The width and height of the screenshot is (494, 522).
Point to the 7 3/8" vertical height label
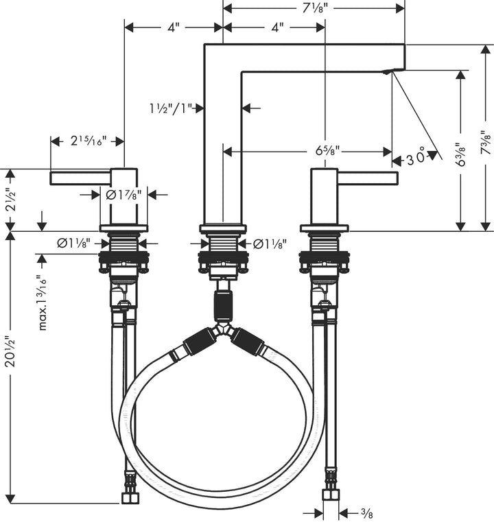[x=485, y=144]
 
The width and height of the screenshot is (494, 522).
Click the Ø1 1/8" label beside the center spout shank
[x=270, y=244]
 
